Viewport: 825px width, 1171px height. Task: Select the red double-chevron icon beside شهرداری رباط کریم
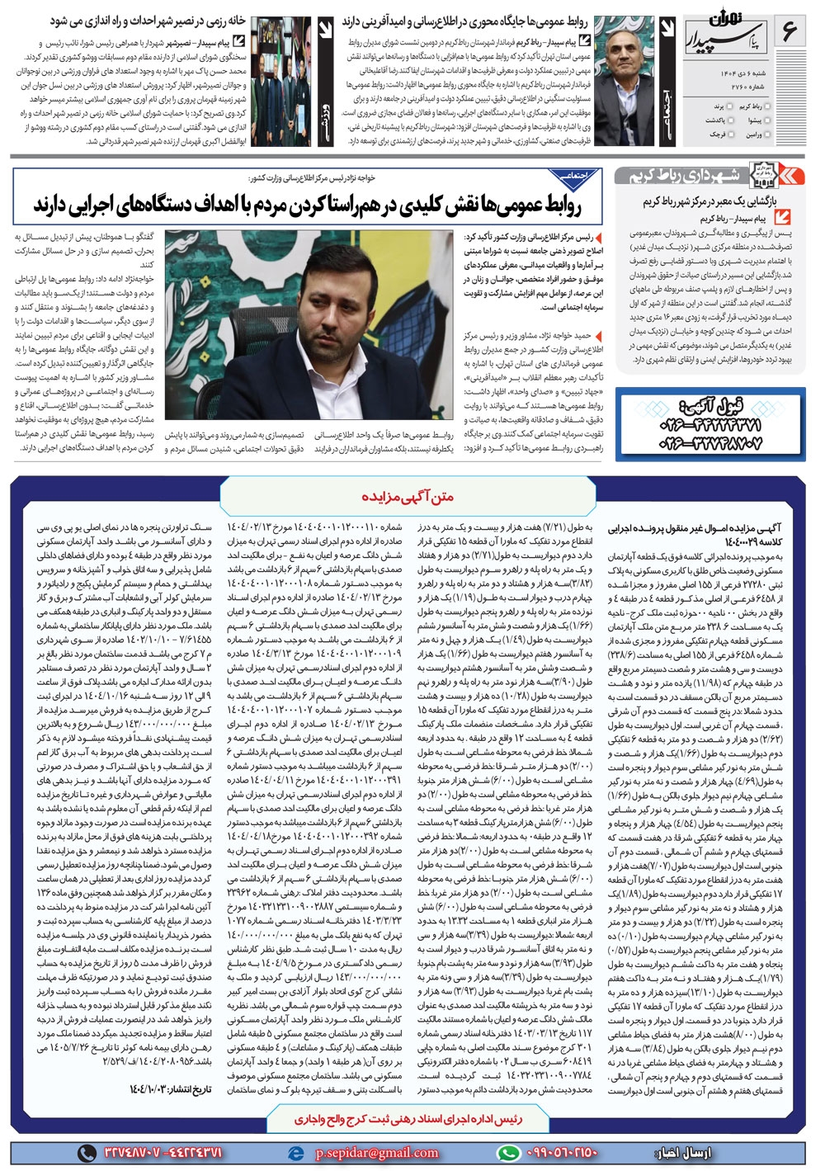tap(793, 175)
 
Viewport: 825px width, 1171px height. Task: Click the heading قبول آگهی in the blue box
tap(709, 407)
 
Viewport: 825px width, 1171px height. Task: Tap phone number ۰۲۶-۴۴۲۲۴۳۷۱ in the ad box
tap(709, 426)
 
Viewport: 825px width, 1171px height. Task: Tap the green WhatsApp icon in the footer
tap(509, 1153)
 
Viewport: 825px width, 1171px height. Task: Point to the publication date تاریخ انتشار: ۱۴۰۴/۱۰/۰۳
tap(171, 1088)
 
